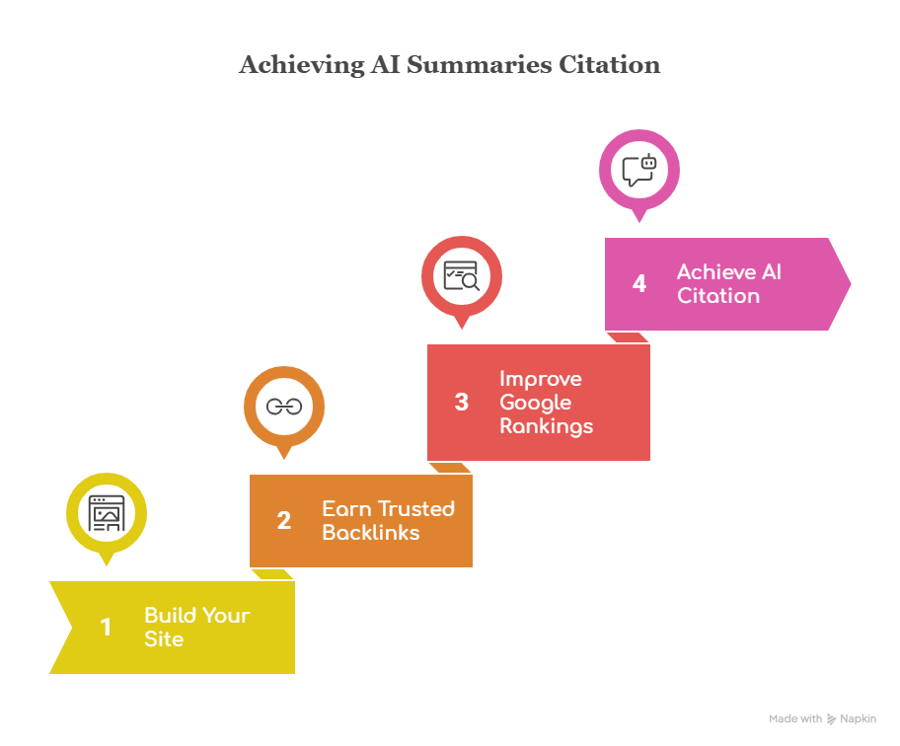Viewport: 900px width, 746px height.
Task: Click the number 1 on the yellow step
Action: [106, 628]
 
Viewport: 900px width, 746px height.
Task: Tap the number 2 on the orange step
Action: [284, 521]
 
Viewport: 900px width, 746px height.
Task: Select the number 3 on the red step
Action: [462, 403]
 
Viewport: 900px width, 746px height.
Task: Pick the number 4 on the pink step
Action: [639, 284]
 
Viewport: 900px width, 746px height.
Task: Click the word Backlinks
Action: [370, 533]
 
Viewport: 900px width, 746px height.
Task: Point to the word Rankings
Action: [546, 426]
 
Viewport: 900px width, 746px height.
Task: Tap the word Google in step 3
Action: [535, 403]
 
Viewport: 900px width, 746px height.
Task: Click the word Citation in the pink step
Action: [717, 296]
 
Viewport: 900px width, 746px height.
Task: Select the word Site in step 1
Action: [164, 639]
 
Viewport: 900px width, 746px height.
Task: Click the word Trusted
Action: [416, 509]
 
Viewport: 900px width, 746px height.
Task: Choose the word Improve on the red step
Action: [540, 379]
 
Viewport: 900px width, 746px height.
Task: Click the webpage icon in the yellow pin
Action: [107, 513]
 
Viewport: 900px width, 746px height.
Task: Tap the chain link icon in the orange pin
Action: [284, 407]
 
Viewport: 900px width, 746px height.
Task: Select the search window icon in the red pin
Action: [462, 275]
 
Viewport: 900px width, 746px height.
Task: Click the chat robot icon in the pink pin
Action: [639, 170]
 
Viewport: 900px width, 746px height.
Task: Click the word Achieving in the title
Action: [301, 66]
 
